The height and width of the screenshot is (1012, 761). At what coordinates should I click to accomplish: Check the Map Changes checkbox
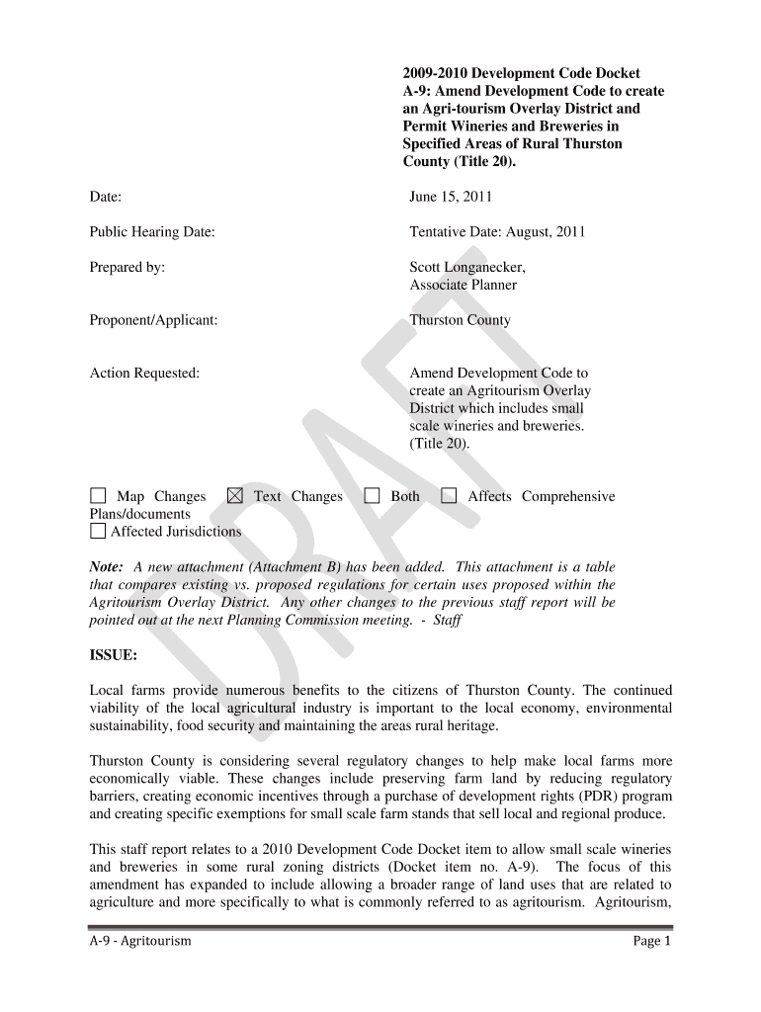click(x=98, y=496)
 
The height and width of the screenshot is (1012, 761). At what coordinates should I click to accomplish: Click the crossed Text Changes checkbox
click(x=234, y=496)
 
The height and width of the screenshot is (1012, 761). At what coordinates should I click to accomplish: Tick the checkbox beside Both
click(x=372, y=496)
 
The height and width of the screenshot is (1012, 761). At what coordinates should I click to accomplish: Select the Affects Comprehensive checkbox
click(x=449, y=496)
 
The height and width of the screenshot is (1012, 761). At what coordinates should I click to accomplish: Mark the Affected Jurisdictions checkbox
click(x=98, y=532)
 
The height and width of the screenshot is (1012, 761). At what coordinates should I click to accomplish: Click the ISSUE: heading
click(x=114, y=655)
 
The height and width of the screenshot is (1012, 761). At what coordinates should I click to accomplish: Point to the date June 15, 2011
click(x=451, y=197)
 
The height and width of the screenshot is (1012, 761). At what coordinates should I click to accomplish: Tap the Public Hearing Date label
click(x=152, y=232)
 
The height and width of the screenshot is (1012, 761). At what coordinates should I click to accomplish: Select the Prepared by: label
click(x=127, y=267)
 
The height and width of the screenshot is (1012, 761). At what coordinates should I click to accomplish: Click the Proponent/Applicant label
click(x=153, y=320)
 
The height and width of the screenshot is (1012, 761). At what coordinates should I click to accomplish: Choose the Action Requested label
click(x=144, y=374)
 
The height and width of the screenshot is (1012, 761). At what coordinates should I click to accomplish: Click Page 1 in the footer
click(x=652, y=941)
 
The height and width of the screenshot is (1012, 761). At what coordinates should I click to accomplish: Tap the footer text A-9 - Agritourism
click(x=140, y=941)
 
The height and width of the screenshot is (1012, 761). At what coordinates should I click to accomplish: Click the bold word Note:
click(x=107, y=567)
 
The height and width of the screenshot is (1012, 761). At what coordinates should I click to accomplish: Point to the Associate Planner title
click(x=464, y=285)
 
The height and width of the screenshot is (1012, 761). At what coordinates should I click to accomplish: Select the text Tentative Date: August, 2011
click(x=497, y=232)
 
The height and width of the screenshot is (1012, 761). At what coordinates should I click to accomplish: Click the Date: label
click(x=106, y=197)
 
